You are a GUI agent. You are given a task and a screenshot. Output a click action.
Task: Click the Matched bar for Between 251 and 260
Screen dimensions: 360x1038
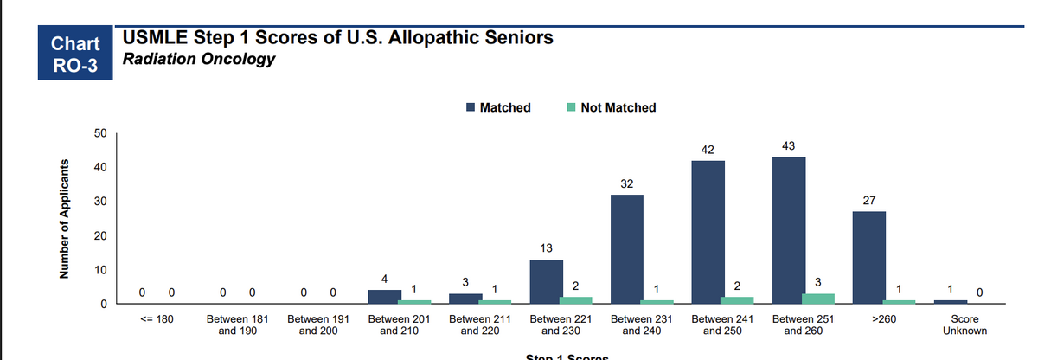coord(788,230)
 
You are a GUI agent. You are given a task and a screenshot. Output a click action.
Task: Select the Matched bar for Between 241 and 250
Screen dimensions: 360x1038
coord(708,232)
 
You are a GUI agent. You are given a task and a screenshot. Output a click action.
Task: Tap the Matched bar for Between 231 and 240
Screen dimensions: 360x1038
coord(627,249)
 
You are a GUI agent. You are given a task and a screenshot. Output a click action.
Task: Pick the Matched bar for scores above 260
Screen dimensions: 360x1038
coord(868,258)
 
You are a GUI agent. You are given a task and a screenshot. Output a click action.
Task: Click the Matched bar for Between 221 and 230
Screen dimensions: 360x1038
coord(546,282)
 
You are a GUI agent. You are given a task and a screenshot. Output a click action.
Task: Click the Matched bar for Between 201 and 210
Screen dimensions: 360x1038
coord(384,297)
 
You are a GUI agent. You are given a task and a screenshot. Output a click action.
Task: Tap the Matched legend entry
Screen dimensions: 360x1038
coord(498,107)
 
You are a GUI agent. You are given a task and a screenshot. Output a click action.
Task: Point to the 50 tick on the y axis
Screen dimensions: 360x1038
coord(101,133)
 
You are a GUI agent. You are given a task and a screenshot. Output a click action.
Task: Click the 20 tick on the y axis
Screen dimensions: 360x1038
coord(101,236)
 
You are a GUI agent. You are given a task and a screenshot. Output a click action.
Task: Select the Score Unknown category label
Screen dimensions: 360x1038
coord(964,325)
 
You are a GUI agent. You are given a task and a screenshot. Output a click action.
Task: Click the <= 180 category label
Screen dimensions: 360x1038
coord(157,319)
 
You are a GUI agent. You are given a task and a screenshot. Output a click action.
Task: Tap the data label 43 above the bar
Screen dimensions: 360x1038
coord(788,145)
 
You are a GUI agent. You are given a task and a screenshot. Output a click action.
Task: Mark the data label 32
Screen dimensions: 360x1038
coord(627,183)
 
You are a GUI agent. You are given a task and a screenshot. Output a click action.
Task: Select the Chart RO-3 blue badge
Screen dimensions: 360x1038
coord(76,55)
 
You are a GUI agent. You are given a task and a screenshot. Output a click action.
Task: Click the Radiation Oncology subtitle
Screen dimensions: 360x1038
coord(199,60)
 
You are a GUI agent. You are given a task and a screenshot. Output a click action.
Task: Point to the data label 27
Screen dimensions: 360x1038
coord(868,200)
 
